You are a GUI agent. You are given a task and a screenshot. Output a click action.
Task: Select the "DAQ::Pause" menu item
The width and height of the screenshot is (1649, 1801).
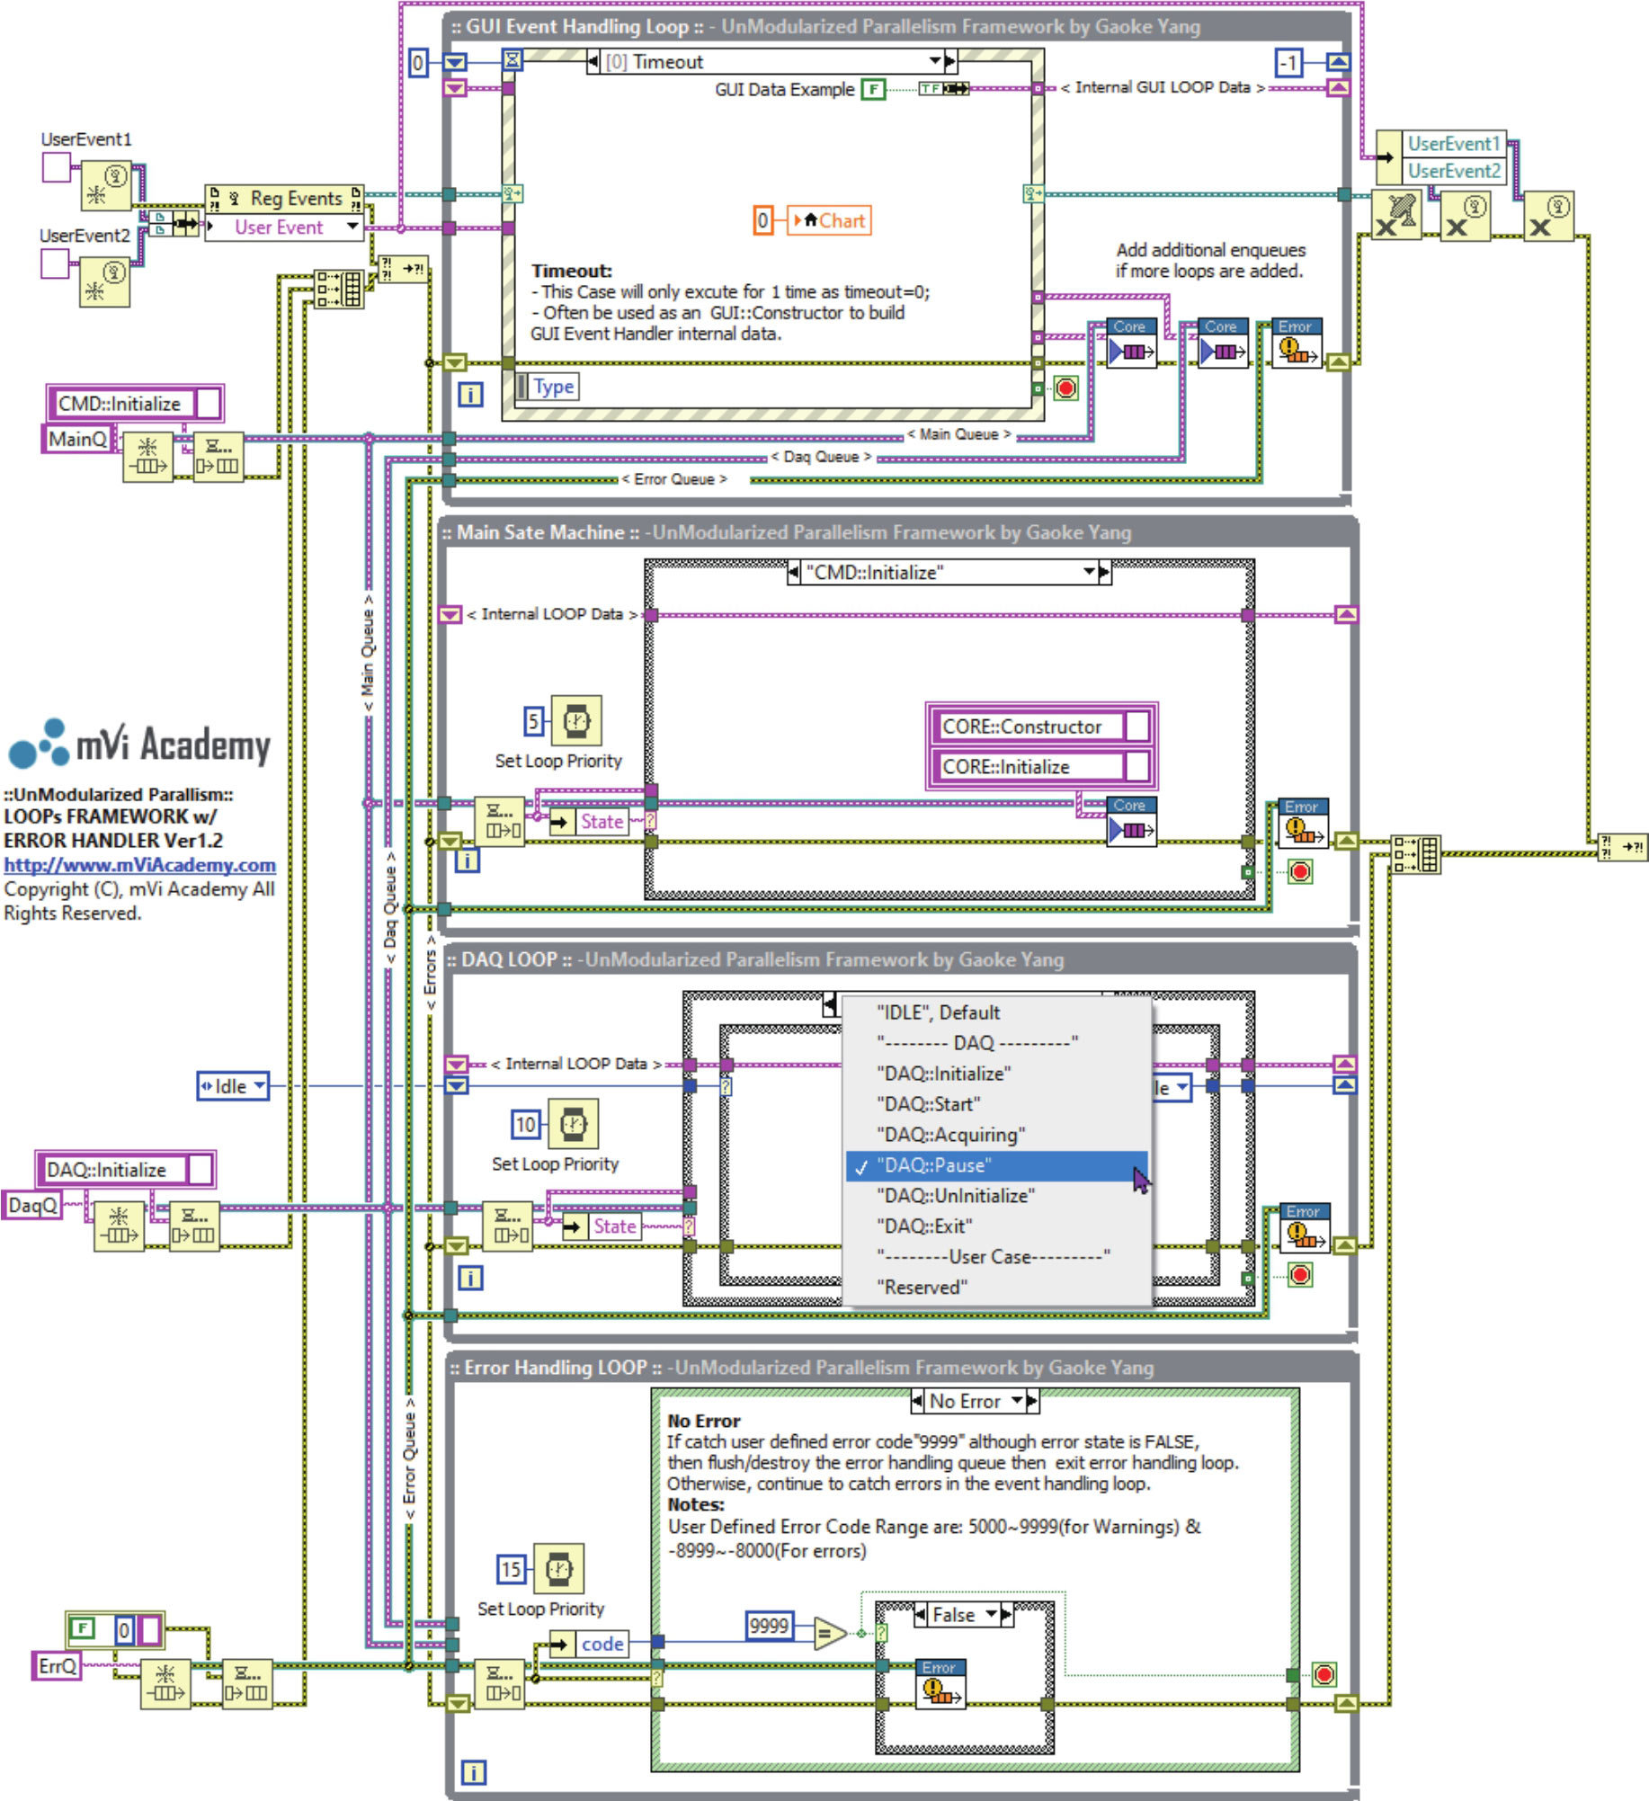tap(935, 1165)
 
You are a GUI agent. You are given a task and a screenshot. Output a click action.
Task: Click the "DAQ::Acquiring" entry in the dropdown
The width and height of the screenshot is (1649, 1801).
tap(950, 1135)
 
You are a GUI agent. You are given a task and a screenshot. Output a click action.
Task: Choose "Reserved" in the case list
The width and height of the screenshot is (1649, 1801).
tap(922, 1288)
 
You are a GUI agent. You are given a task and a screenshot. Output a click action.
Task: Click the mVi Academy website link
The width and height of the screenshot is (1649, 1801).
tap(139, 865)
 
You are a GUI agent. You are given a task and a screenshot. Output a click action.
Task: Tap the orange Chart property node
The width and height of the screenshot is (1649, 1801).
tap(829, 220)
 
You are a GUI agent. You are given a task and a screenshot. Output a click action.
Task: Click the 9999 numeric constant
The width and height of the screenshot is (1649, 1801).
tap(769, 1626)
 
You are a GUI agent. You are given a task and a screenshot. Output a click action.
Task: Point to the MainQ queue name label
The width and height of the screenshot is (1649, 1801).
tap(77, 439)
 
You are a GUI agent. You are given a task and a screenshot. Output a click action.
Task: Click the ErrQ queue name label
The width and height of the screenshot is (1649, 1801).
tap(57, 1666)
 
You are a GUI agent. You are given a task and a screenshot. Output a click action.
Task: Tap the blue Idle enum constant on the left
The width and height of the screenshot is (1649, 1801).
tap(232, 1086)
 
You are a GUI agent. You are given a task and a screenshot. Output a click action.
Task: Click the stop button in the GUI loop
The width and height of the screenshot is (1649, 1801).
tap(1065, 388)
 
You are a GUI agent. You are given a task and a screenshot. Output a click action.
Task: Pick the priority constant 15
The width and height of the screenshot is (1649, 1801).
tap(511, 1570)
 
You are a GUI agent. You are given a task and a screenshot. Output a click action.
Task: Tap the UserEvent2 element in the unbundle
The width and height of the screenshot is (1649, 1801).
tap(1453, 171)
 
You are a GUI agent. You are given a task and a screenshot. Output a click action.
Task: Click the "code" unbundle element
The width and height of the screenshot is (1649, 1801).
tap(602, 1644)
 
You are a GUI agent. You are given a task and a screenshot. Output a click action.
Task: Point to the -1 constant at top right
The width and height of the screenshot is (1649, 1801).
tap(1288, 62)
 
